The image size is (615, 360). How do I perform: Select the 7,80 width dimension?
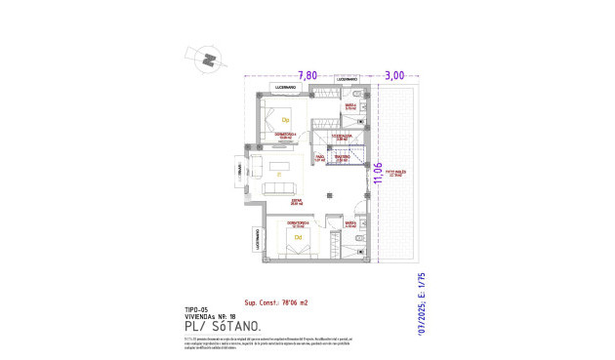(307, 74)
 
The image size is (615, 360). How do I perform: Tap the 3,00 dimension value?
(393, 74)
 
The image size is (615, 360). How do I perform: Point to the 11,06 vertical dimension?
(376, 174)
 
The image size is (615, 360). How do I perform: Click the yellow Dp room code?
(286, 119)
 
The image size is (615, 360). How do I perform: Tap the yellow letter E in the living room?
(279, 175)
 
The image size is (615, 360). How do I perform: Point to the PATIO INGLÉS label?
(396, 175)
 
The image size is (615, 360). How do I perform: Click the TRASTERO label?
(342, 156)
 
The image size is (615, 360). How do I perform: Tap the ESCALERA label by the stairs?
(341, 137)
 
